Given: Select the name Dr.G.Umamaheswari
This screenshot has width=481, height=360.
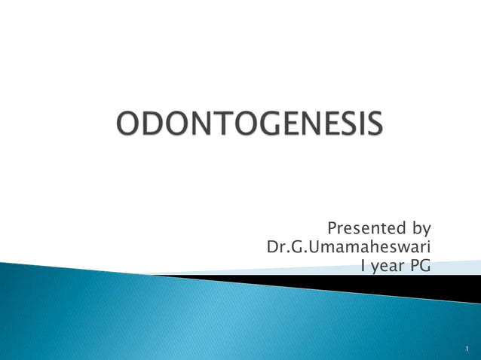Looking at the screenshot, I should tap(348, 247).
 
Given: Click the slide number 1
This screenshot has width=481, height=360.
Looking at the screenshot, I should tap(467, 349).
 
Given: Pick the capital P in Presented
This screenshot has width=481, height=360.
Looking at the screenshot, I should tap(332, 227).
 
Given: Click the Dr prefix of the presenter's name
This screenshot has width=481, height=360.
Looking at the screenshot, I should tap(276, 247).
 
